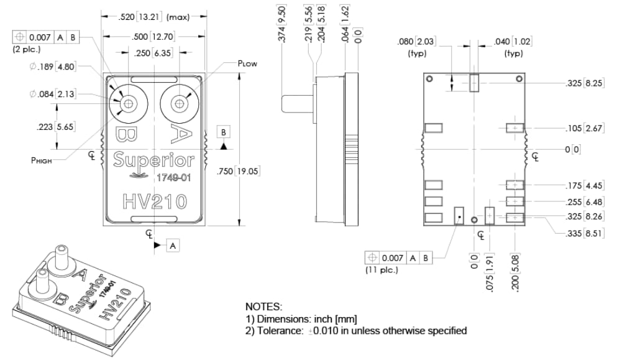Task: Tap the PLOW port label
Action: click(x=247, y=63)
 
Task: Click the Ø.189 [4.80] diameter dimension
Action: click(x=53, y=67)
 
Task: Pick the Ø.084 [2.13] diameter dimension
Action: click(x=53, y=94)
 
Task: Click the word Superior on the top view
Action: click(x=153, y=160)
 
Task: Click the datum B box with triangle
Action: click(x=224, y=132)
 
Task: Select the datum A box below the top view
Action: click(x=173, y=246)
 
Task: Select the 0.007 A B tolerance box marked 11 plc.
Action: click(x=398, y=257)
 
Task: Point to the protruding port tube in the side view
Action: click(x=296, y=103)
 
